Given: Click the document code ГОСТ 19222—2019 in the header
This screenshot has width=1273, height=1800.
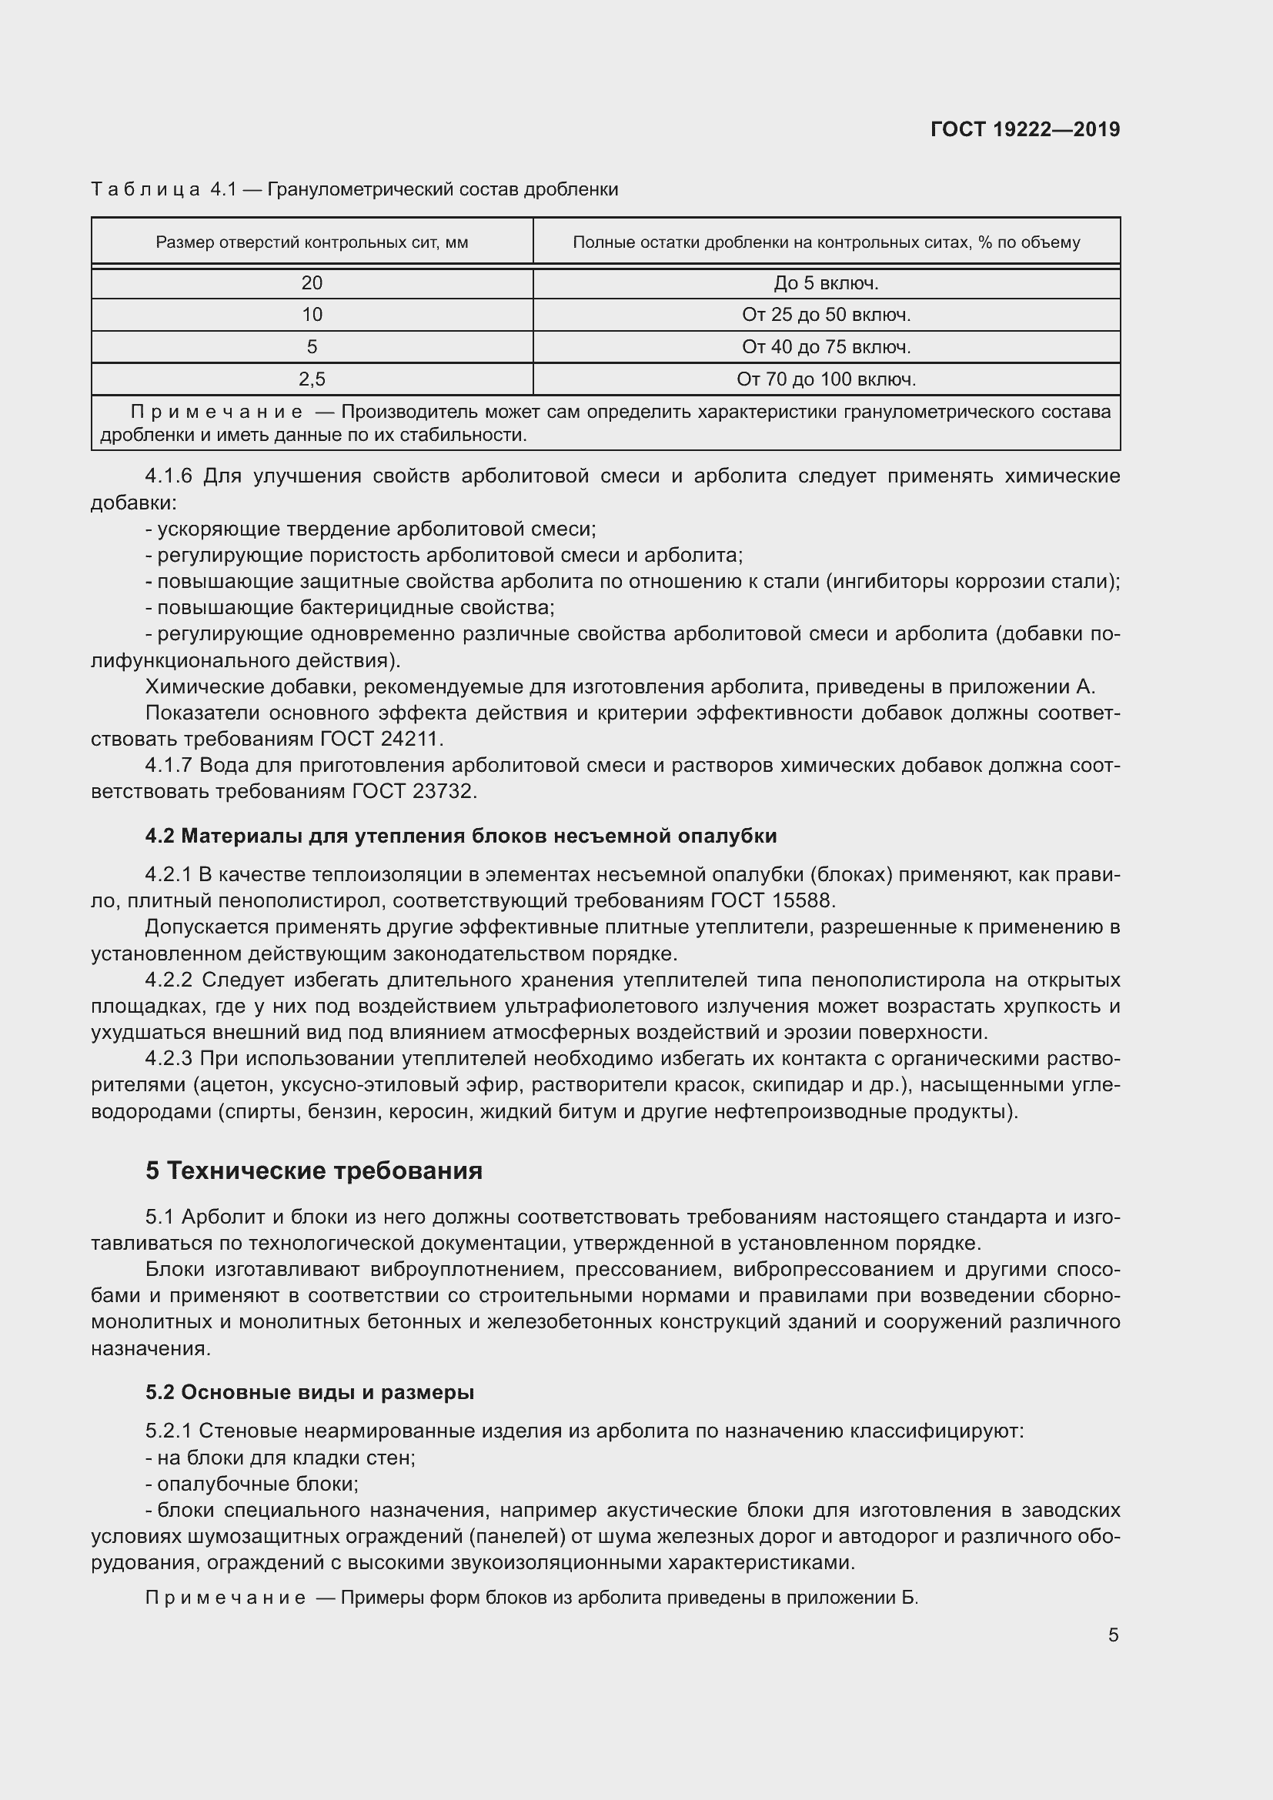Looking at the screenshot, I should [1024, 129].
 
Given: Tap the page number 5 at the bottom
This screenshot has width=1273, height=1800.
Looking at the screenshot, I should [1113, 1635].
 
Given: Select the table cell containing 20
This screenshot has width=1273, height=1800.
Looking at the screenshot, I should [311, 283].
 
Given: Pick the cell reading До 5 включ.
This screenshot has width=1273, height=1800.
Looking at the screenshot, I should [825, 283].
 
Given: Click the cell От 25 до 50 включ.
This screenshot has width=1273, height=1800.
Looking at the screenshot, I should [825, 316].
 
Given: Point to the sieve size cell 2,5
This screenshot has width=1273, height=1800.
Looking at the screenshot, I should [311, 379].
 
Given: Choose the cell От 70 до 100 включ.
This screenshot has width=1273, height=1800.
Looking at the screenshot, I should [825, 379].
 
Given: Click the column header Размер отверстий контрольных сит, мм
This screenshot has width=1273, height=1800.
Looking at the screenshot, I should [311, 242].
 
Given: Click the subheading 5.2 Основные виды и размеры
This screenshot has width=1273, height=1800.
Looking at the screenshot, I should [309, 1392].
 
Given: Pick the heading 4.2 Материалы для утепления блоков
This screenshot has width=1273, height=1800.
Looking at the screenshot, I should [461, 836].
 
